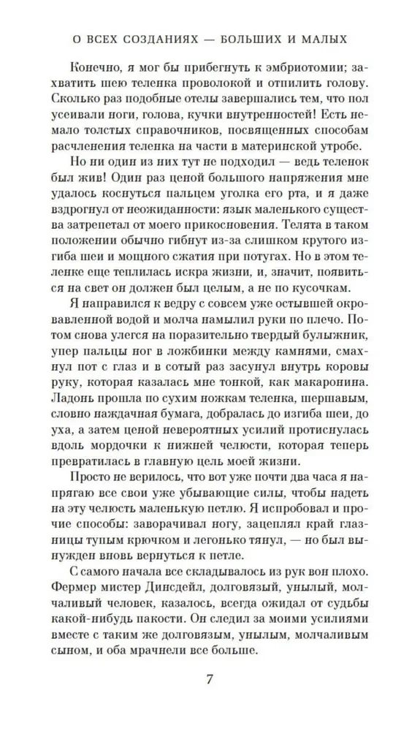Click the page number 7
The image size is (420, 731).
[210, 678]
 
